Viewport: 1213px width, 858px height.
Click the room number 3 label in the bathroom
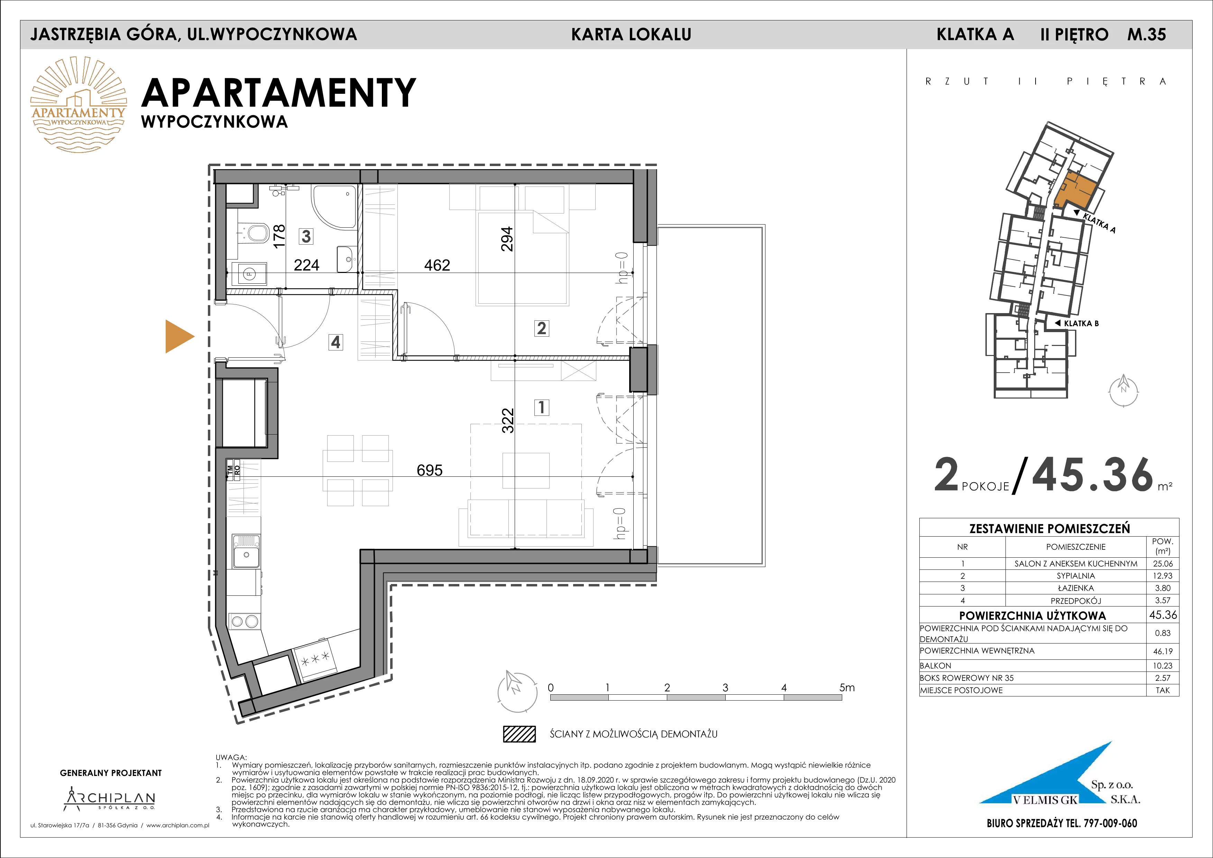(306, 236)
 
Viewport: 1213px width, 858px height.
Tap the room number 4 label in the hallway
(336, 343)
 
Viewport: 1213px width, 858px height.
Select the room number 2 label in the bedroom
(541, 328)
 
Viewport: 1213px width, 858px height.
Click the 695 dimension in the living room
(430, 470)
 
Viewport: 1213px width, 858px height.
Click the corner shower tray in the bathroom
(334, 208)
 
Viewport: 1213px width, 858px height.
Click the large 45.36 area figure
(1093, 474)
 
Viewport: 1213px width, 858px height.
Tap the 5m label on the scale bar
(846, 687)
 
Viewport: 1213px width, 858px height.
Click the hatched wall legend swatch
(519, 734)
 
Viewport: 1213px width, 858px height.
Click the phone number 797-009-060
(1103, 823)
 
